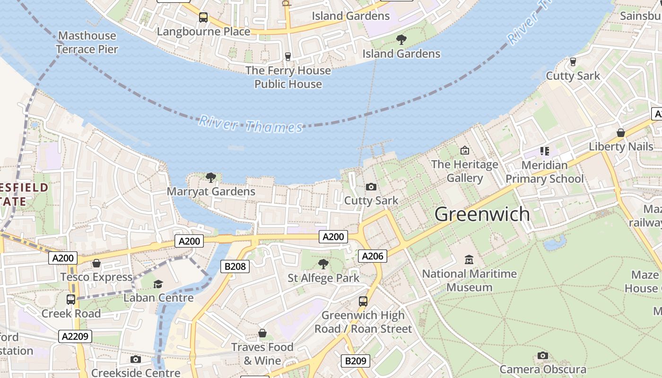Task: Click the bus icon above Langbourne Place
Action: (203, 17)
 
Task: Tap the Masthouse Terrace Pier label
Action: (87, 42)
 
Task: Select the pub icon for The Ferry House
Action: (287, 57)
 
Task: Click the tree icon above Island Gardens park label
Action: (401, 40)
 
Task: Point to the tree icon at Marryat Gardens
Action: (211, 178)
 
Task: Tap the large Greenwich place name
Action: (482, 214)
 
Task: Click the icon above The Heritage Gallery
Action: (465, 150)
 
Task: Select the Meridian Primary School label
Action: (545, 172)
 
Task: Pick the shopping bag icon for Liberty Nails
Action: (621, 133)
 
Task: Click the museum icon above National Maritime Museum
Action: (469, 259)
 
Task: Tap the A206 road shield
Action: (373, 256)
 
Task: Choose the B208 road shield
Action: (235, 266)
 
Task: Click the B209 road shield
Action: (356, 361)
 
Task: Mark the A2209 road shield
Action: (75, 336)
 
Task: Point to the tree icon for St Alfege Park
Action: (323, 264)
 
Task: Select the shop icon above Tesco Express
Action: (96, 263)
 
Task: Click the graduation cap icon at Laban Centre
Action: (158, 284)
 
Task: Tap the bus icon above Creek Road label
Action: (71, 299)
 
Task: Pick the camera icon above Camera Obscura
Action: (543, 355)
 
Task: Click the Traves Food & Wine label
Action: (262, 353)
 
